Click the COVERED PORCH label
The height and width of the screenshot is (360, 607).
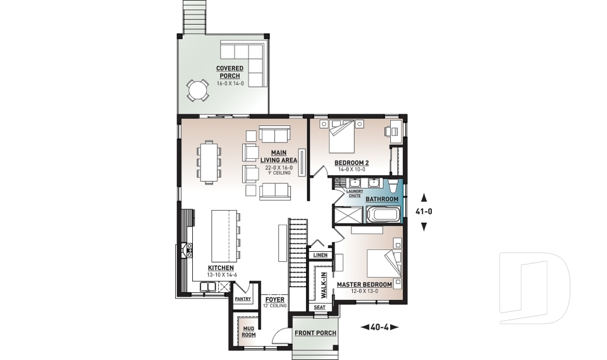[x=228, y=72]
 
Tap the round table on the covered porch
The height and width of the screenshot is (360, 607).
[x=198, y=90]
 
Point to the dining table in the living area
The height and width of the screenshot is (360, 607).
[x=209, y=162]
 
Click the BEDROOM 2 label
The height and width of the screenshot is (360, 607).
[x=352, y=163]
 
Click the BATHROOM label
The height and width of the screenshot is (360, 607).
[x=382, y=199]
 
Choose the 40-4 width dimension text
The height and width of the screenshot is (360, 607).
[x=380, y=327]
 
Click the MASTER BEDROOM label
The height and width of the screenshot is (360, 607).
[x=364, y=285]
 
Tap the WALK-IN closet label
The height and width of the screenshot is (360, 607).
[x=323, y=285]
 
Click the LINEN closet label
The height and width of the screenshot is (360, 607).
[x=320, y=255]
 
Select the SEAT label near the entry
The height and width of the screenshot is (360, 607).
[x=320, y=307]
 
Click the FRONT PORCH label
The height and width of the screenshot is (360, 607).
[x=315, y=333]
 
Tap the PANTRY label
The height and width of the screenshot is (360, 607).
[x=243, y=299]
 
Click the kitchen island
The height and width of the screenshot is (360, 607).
[x=222, y=235]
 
